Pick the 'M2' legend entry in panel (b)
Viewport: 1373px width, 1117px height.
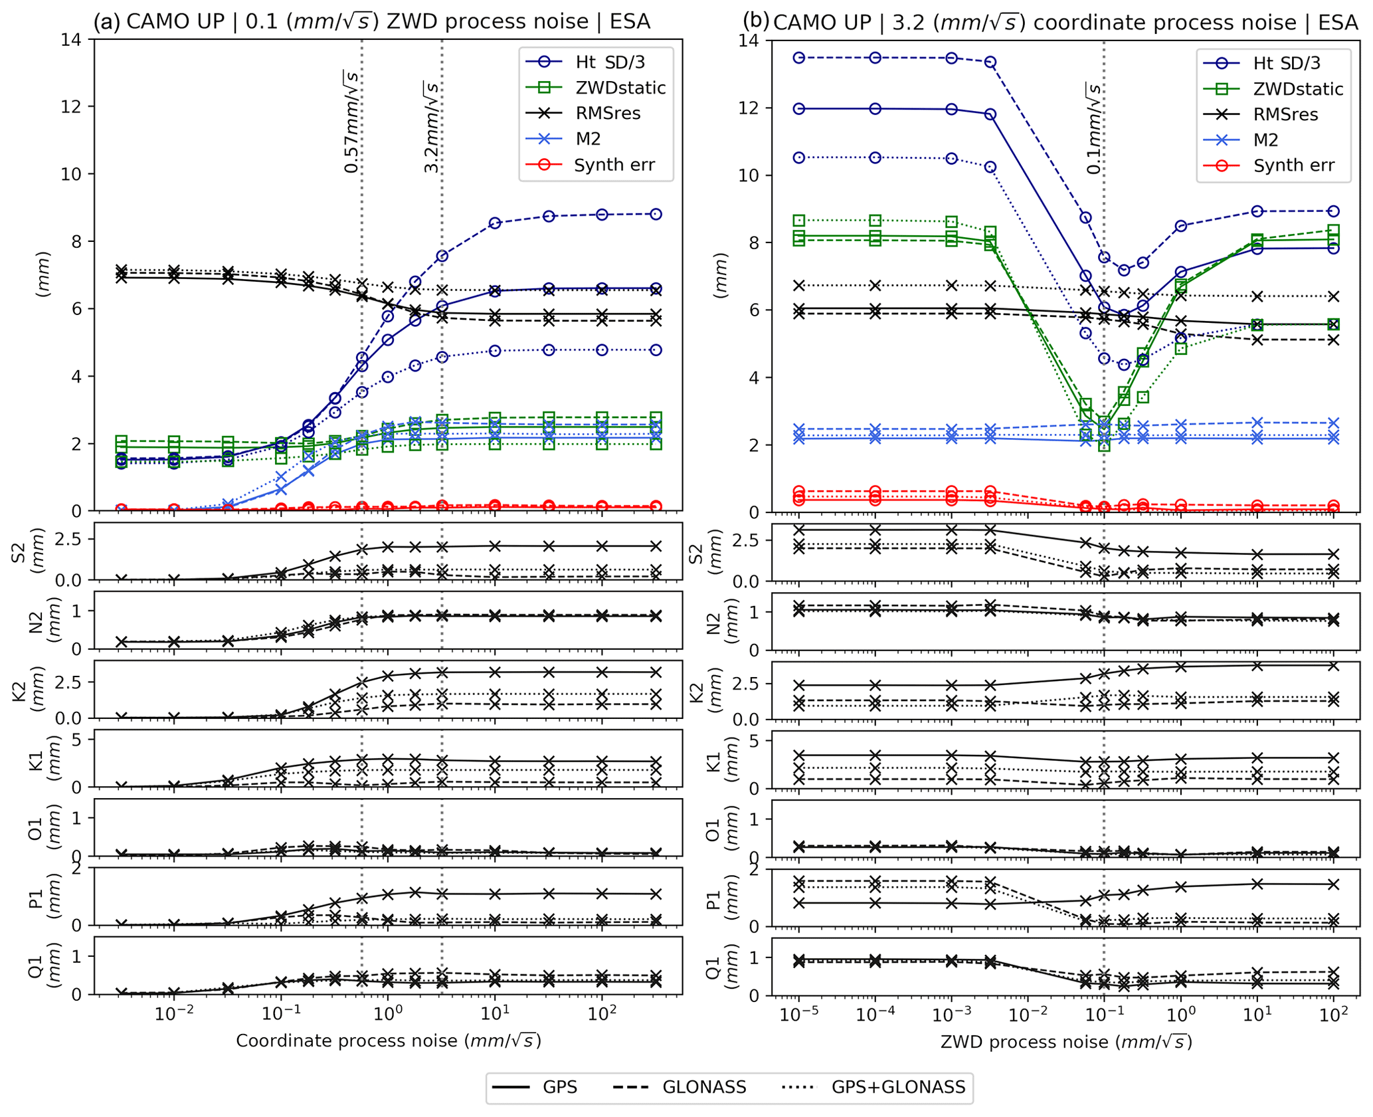(1265, 140)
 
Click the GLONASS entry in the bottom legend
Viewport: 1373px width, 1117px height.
(704, 1087)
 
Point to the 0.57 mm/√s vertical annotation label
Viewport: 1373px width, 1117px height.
(351, 122)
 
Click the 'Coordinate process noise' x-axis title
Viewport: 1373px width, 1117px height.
(388, 1041)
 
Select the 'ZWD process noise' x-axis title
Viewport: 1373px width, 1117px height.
(1065, 1042)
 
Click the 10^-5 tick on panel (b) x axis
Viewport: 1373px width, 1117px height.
(798, 1015)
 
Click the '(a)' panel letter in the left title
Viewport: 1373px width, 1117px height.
(106, 22)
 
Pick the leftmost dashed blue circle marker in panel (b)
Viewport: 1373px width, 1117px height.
(798, 58)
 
